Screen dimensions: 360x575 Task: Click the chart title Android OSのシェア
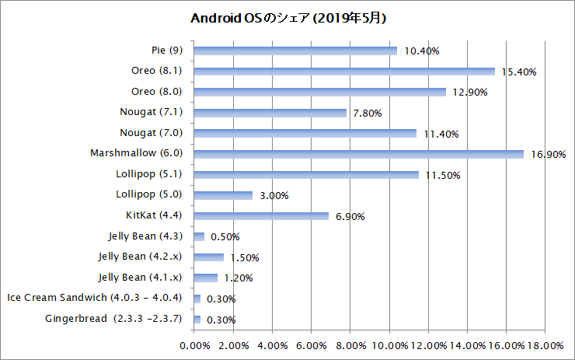click(x=288, y=17)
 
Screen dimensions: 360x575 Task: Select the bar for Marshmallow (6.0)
click(x=358, y=154)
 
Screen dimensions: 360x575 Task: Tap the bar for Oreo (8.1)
click(x=343, y=72)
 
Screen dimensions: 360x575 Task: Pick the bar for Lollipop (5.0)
click(x=223, y=195)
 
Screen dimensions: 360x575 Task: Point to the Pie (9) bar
click(x=295, y=51)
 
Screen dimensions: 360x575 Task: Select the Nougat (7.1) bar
click(x=270, y=113)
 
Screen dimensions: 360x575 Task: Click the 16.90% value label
click(x=549, y=155)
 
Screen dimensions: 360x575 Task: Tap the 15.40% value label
click(x=519, y=72)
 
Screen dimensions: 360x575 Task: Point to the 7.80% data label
click(x=367, y=114)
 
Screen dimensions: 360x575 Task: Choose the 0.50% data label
click(x=225, y=237)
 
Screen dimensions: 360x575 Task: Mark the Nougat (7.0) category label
click(x=151, y=133)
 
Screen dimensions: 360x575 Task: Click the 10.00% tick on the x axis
click(x=389, y=344)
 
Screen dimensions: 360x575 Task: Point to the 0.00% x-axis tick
click(x=194, y=344)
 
